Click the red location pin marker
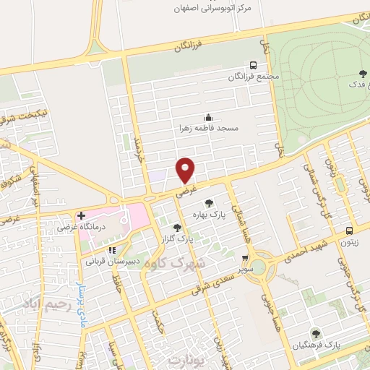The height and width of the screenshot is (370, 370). click(x=186, y=169)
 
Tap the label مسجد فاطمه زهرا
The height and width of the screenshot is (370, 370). click(x=209, y=127)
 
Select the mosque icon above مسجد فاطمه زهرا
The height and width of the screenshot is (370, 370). click(x=209, y=117)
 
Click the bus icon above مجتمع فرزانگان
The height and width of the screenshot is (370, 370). click(x=252, y=64)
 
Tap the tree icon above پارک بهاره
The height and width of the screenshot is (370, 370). click(x=209, y=203)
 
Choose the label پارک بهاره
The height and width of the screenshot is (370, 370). click(x=209, y=214)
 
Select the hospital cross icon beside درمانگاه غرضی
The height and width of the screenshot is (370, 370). click(x=82, y=215)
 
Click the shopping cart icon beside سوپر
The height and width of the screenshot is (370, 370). click(x=246, y=258)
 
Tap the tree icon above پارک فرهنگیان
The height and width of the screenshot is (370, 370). click(x=315, y=333)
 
